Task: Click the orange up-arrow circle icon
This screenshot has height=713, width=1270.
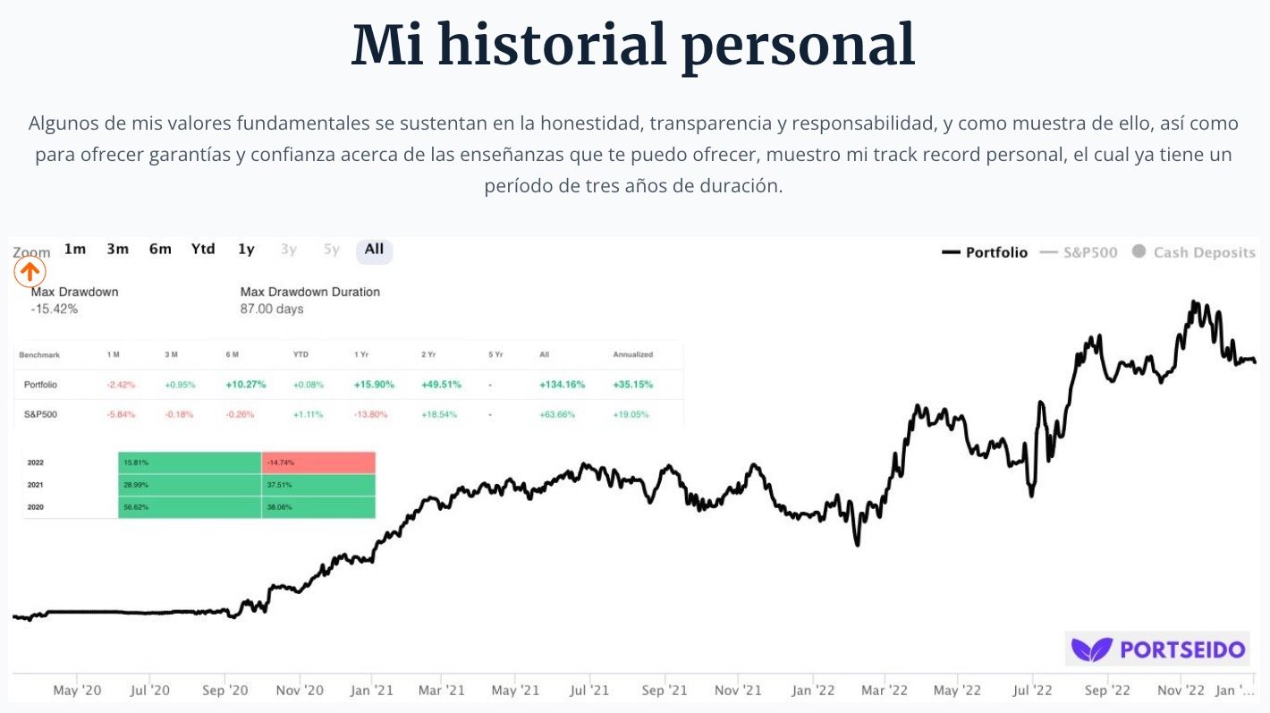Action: click(30, 272)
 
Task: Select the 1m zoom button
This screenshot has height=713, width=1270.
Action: click(75, 250)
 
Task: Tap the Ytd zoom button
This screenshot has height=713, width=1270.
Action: click(203, 250)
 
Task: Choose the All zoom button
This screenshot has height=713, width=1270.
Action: click(374, 250)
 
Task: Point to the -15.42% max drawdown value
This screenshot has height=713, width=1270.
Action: click(55, 310)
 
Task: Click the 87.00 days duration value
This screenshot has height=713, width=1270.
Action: click(272, 310)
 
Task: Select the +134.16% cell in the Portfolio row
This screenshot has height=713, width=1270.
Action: click(562, 385)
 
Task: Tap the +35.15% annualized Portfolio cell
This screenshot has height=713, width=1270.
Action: click(632, 385)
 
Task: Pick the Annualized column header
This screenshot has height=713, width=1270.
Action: click(632, 355)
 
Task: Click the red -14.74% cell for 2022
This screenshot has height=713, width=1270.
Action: click(318, 463)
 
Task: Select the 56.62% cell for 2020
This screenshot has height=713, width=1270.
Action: click(190, 506)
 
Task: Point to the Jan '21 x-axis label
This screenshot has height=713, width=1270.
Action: click(372, 691)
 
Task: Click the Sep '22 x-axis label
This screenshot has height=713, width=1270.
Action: click(1107, 691)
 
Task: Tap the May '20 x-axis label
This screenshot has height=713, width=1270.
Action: click(78, 691)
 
